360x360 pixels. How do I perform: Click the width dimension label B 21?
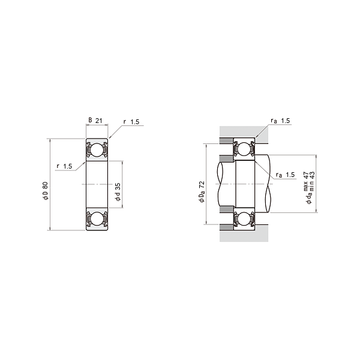coord(95,121)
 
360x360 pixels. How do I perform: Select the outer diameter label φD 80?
coord(46,191)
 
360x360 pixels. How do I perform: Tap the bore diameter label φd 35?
coord(118,192)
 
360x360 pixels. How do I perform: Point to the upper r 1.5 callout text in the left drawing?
coord(131,122)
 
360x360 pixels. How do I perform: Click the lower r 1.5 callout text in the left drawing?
coord(64,166)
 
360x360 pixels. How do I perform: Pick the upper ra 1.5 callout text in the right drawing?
coord(280,121)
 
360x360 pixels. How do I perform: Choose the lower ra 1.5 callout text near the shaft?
coord(285,175)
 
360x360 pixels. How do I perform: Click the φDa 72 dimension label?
coord(202,192)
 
